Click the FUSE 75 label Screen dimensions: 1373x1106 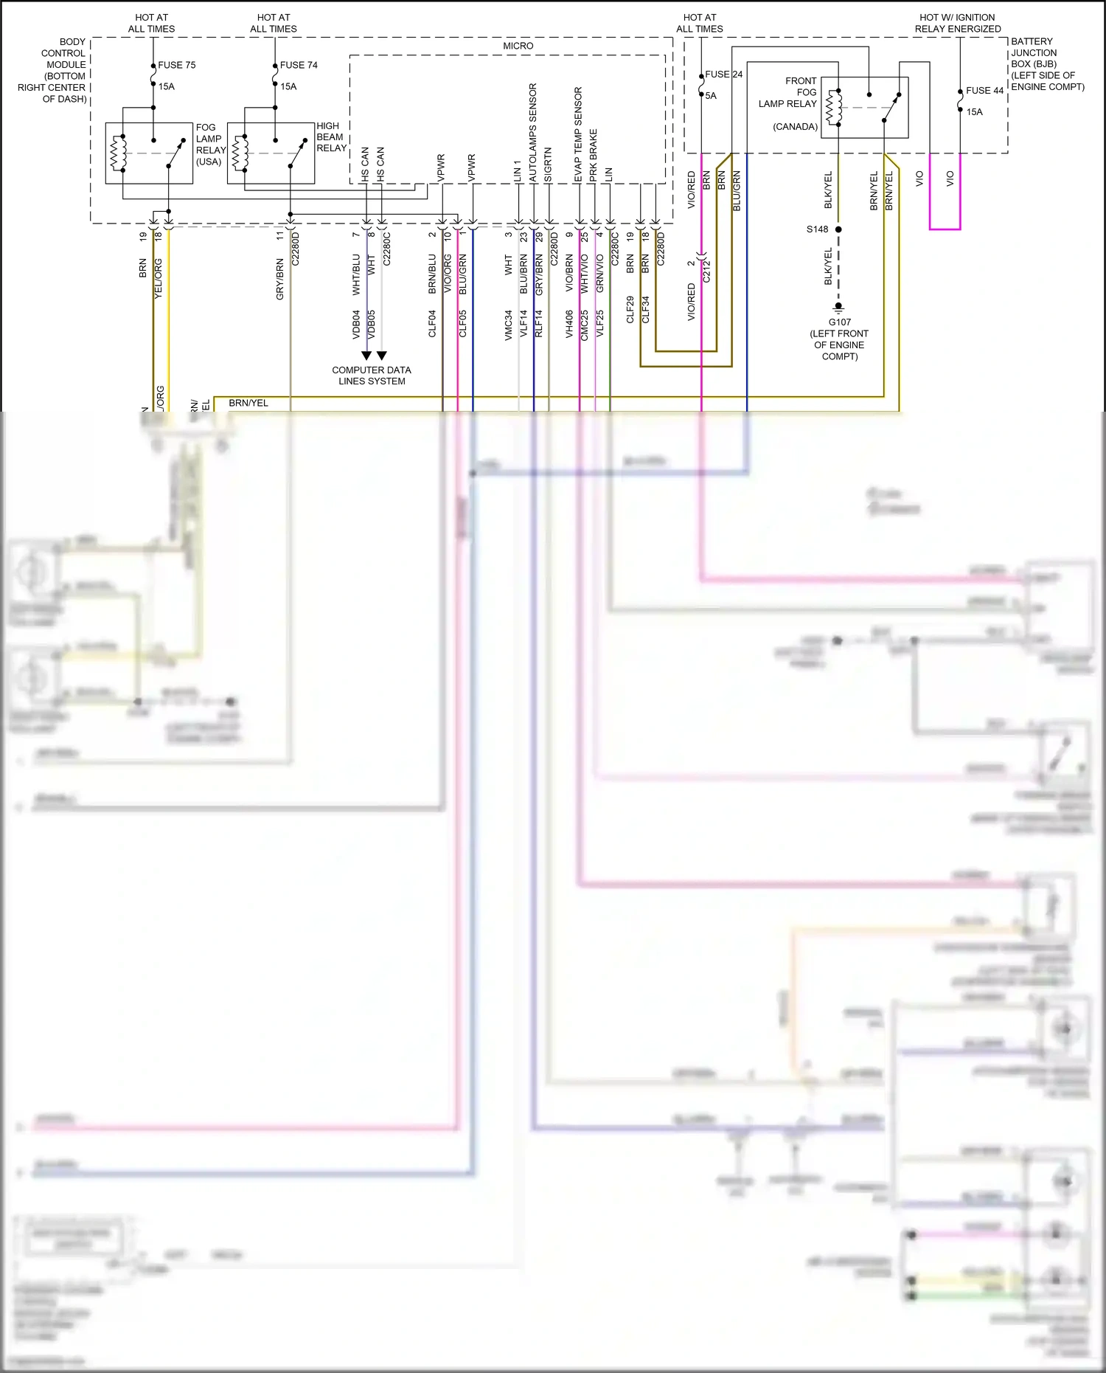176,65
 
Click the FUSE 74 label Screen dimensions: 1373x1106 299,65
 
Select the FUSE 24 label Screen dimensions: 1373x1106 723,75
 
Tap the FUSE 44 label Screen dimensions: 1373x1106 984,91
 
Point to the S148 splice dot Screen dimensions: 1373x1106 838,229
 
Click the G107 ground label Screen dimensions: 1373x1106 839,322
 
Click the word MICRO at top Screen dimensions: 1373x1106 518,46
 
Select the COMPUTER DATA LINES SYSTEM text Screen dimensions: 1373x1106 372,376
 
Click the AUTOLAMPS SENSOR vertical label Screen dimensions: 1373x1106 533,133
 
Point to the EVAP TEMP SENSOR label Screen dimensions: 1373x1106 578,134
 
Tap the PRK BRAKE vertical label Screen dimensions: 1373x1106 594,156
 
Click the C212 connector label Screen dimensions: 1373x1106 706,271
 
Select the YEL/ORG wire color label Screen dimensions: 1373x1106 158,278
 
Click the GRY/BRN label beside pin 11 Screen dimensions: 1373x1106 280,279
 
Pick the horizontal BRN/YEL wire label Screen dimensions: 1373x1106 248,403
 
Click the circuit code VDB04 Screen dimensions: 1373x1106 356,324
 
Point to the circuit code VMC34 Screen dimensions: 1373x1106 508,325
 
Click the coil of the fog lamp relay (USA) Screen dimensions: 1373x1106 118,153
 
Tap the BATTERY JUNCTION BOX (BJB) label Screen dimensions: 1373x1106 1046,64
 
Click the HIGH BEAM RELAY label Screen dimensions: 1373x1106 331,137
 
